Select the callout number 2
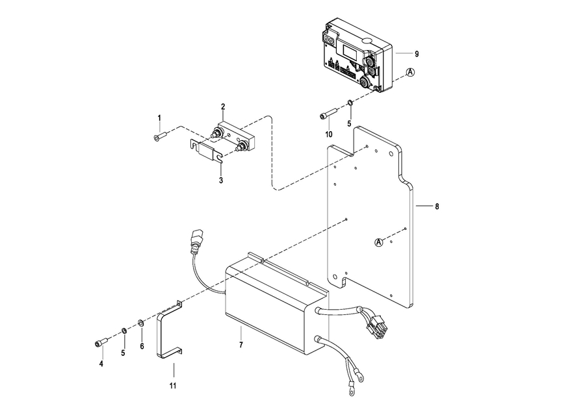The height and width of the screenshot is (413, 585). (222, 106)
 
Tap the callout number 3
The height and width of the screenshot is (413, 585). (221, 180)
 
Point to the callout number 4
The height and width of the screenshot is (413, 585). (101, 364)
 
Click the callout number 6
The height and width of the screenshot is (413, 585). (142, 347)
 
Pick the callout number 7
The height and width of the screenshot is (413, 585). (240, 345)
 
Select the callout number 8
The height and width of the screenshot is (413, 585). (437, 206)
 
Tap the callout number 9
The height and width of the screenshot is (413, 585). (417, 53)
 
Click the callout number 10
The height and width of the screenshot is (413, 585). (329, 134)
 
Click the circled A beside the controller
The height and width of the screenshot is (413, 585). (410, 73)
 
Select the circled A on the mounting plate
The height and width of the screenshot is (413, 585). (379, 242)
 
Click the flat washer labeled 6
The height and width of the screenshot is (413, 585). (141, 323)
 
